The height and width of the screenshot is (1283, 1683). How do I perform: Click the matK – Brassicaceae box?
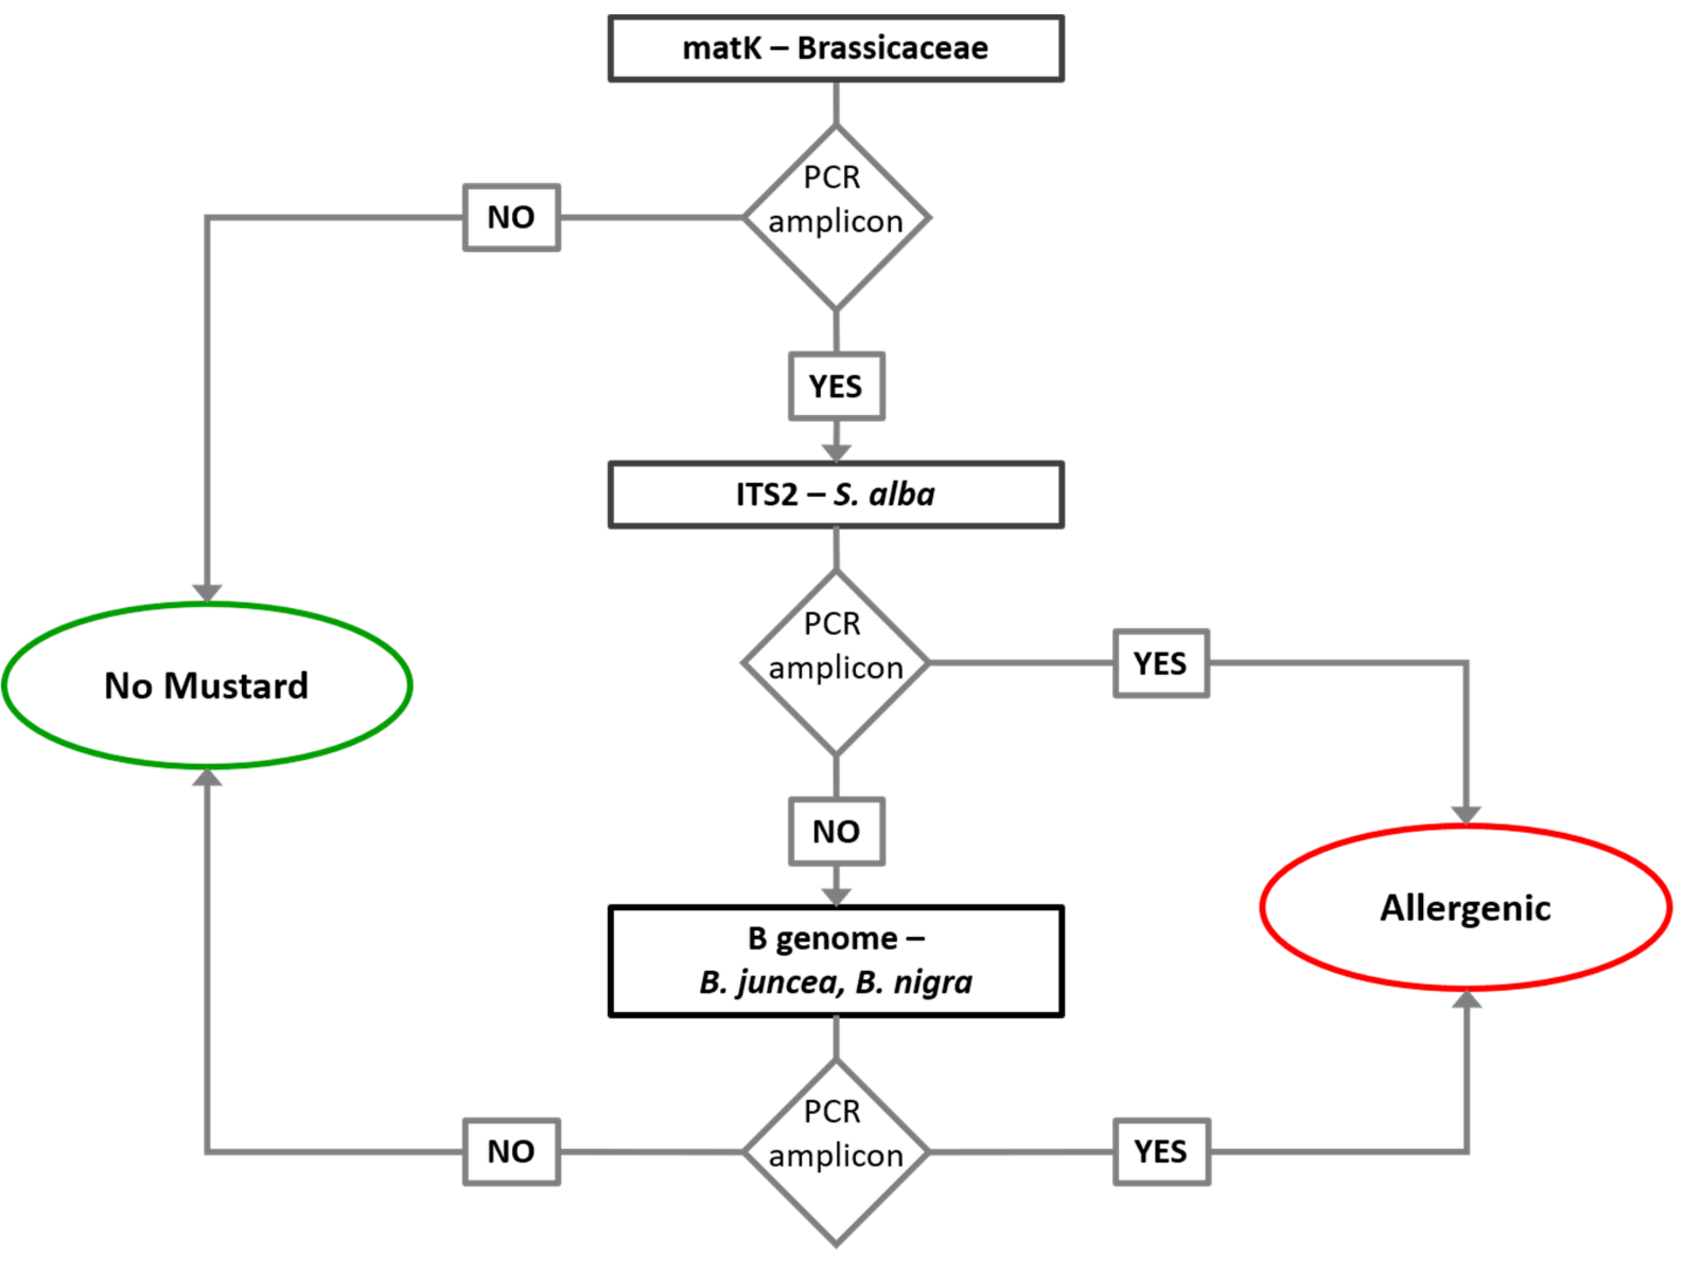click(836, 48)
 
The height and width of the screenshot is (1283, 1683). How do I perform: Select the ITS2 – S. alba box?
click(836, 494)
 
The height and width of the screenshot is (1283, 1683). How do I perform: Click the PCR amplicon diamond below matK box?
click(836, 218)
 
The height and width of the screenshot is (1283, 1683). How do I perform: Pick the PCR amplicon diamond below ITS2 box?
click(836, 663)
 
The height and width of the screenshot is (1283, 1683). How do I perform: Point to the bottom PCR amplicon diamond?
click(836, 1151)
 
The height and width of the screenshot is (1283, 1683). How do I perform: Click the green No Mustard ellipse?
click(207, 685)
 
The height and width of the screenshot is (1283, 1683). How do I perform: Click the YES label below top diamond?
click(836, 386)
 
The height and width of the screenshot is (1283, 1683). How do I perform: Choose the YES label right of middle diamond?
click(1161, 663)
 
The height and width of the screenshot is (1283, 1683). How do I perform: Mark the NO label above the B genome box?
click(836, 832)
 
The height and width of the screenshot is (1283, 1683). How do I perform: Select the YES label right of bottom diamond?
click(1161, 1152)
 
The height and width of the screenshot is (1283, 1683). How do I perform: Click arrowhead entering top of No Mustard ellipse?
click(207, 593)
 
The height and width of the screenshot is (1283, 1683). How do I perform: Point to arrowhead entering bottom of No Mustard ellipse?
click(207, 777)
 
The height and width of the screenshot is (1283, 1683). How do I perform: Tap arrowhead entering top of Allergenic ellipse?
click(1466, 815)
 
